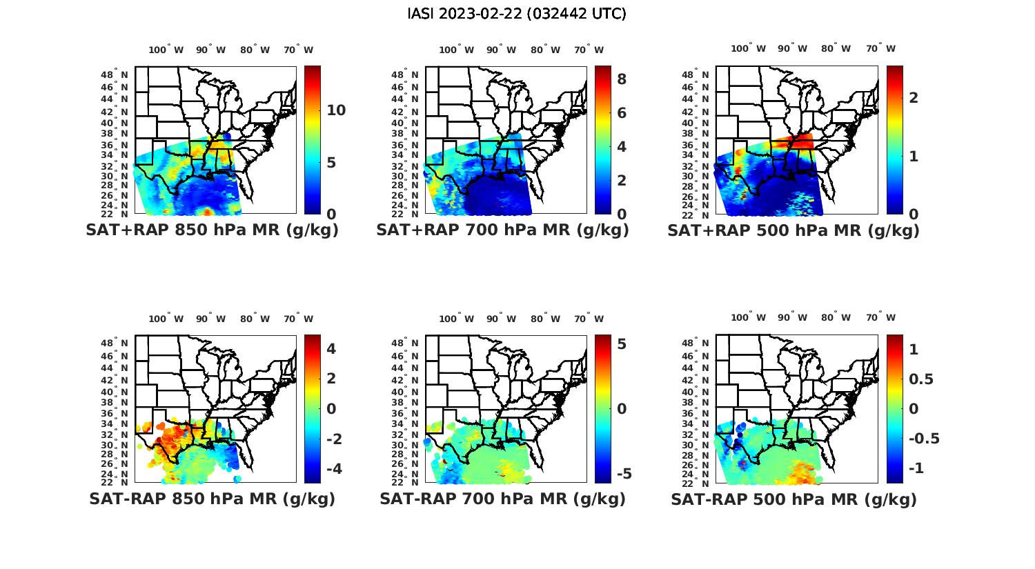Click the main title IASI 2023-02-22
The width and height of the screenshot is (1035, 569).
(x=517, y=14)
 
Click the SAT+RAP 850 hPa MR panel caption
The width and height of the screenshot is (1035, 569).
(x=212, y=230)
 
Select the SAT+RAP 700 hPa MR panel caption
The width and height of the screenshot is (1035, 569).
(x=502, y=230)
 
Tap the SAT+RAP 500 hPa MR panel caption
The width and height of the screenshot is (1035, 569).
(x=793, y=230)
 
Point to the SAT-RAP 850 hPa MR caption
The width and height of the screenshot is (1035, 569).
(x=212, y=499)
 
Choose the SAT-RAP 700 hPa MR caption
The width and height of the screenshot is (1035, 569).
(x=502, y=499)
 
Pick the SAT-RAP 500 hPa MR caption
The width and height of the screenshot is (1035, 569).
(x=793, y=499)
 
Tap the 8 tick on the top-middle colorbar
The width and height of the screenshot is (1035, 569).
(x=622, y=79)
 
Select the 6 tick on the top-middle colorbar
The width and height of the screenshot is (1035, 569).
(x=622, y=113)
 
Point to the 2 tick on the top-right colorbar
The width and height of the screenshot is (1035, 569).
(x=914, y=97)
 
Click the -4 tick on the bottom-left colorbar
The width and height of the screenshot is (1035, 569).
(x=331, y=469)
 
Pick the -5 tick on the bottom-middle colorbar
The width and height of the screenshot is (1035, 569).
(x=623, y=474)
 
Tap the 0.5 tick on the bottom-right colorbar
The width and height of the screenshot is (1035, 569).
(x=922, y=379)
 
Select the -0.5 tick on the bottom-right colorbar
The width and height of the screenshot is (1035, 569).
(x=924, y=439)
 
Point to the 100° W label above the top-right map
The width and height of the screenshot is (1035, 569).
(x=748, y=48)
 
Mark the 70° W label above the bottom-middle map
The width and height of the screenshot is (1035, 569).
(x=589, y=319)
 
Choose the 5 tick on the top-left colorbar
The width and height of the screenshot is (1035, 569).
(x=331, y=163)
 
